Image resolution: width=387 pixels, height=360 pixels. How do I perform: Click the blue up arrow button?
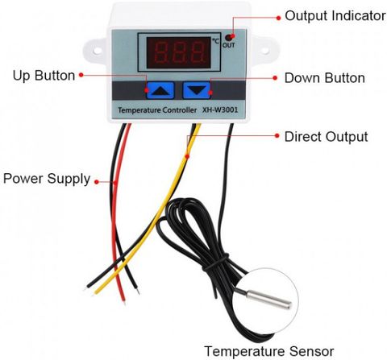click(x=160, y=90)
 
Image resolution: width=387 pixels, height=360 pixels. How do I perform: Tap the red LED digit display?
click(x=178, y=53)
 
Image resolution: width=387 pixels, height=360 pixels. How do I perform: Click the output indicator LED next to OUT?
click(x=229, y=37)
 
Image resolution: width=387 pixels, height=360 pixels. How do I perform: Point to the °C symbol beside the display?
click(x=216, y=41)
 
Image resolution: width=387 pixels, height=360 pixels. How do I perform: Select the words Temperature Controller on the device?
click(x=157, y=110)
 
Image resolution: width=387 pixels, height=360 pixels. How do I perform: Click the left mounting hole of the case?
click(x=98, y=50)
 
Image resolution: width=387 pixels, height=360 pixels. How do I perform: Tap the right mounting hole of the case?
click(x=265, y=51)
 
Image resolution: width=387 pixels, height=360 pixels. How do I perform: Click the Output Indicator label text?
click(x=335, y=16)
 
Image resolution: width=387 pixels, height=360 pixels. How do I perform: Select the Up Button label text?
click(x=44, y=76)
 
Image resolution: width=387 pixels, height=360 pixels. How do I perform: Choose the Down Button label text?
click(x=325, y=78)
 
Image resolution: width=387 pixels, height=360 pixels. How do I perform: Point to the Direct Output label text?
click(x=326, y=137)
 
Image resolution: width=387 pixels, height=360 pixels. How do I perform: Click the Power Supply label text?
click(x=47, y=179)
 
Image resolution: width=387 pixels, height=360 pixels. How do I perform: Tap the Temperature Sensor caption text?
click(x=269, y=351)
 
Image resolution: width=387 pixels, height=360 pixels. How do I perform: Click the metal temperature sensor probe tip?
click(x=269, y=300)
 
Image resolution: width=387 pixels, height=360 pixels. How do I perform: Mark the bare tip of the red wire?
click(x=124, y=303)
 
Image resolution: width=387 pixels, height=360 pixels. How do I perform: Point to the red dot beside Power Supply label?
click(x=97, y=182)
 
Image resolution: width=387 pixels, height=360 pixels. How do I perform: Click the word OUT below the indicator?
click(x=229, y=45)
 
